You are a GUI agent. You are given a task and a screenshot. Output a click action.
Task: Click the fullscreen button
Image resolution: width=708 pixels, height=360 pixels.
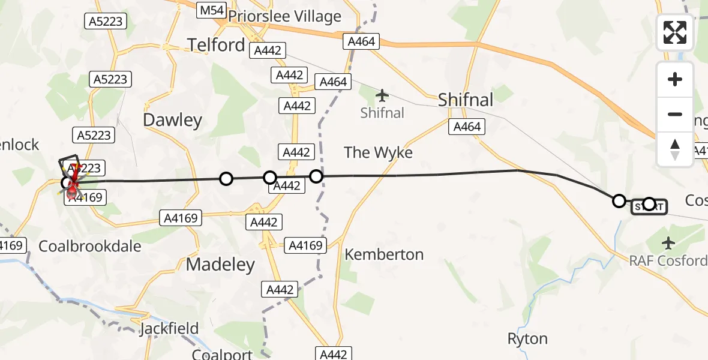(x=675, y=32)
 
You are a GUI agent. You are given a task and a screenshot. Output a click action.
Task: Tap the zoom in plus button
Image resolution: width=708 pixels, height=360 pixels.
(x=675, y=79)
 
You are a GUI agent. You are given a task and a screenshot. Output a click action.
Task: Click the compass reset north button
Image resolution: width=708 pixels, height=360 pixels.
(x=675, y=149)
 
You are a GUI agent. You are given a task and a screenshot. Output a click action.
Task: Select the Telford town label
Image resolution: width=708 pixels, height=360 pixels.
(x=216, y=44)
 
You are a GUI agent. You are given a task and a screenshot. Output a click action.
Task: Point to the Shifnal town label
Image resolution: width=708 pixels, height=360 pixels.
(x=466, y=100)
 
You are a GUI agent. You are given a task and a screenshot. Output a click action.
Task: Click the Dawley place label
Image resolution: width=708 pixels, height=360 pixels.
(x=172, y=120)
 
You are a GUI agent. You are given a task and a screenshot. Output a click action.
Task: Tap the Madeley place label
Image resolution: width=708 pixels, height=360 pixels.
(x=220, y=264)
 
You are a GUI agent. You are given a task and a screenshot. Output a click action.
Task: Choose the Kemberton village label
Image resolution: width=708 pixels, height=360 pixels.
(x=384, y=254)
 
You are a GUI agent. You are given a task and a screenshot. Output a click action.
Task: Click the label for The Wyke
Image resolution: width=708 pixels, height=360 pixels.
(x=378, y=152)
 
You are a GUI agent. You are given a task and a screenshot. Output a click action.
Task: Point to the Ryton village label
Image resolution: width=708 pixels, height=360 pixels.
(x=527, y=339)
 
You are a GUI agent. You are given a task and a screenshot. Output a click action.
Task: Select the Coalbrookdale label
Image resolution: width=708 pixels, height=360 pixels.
(x=90, y=246)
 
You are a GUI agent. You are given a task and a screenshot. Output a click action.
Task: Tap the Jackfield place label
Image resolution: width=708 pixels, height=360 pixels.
(x=169, y=329)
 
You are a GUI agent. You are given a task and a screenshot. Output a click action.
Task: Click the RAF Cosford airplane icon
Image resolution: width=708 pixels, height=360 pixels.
(x=668, y=243)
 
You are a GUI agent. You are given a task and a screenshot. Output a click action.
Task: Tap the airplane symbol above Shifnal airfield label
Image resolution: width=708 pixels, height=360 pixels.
(x=382, y=95)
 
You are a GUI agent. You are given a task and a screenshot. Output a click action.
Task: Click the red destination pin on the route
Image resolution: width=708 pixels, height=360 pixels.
(x=72, y=191)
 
